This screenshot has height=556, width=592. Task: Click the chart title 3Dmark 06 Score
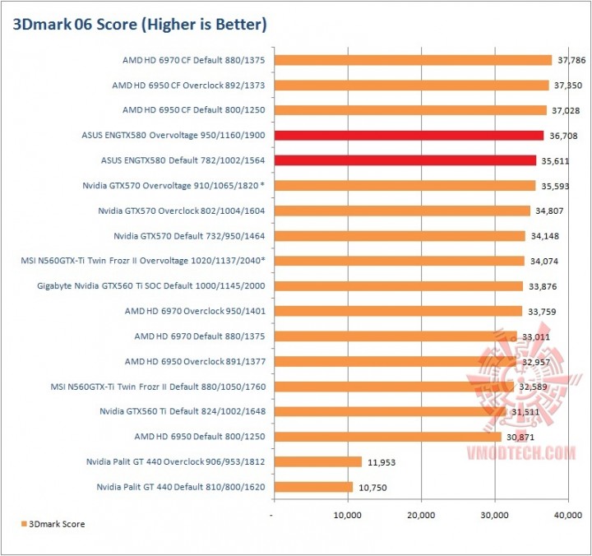tap(140, 25)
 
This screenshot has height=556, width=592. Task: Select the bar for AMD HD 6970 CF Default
tap(412, 60)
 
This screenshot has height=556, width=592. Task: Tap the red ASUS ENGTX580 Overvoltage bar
tap(408, 135)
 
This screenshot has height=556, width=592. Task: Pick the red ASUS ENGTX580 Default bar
tap(404, 160)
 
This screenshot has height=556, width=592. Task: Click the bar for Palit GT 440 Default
tap(312, 487)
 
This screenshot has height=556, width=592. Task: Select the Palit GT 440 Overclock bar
tap(317, 462)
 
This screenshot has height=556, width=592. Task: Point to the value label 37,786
tap(571, 60)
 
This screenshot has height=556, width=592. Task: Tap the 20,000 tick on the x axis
tap(421, 516)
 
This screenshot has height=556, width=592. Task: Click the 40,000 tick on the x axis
tap(567, 516)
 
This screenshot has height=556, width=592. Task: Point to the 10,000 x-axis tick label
tap(347, 516)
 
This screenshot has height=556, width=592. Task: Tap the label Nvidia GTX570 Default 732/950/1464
tap(189, 236)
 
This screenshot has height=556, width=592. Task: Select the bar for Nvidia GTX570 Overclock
tap(400, 211)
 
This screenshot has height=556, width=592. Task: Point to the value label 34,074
tap(543, 262)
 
